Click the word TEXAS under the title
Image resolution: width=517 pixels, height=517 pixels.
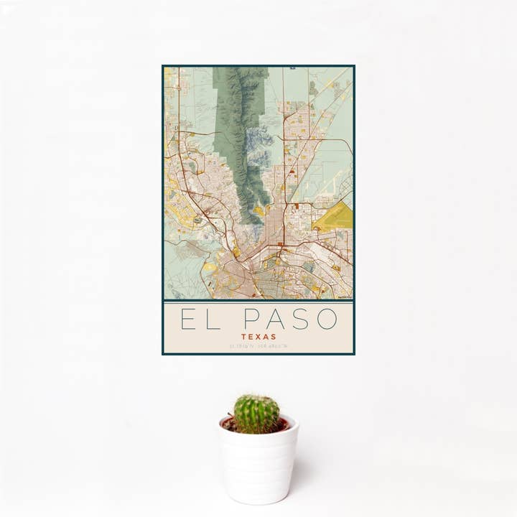click(x=258, y=336)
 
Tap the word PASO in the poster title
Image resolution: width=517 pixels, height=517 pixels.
click(x=290, y=319)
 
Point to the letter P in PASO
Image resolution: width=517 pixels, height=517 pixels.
click(x=251, y=319)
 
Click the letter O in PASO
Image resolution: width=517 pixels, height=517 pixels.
click(x=327, y=319)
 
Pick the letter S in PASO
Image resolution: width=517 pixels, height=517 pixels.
click(x=301, y=319)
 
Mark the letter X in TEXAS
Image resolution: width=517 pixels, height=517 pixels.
click(x=258, y=336)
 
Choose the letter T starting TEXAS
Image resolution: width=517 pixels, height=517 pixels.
click(x=243, y=336)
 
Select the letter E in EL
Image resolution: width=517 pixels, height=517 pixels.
click(x=188, y=319)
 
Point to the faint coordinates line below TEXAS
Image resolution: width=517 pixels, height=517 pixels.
click(x=258, y=346)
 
